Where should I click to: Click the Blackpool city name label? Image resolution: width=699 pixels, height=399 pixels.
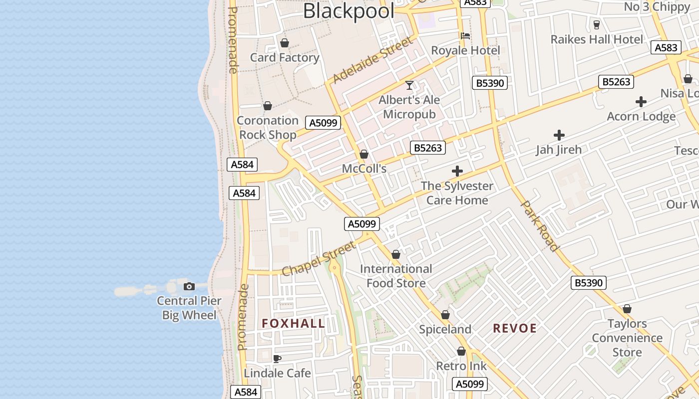pos(349,11)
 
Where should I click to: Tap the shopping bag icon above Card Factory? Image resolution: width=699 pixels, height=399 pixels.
pos(285,43)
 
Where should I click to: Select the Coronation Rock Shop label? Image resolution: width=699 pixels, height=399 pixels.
pos(268,127)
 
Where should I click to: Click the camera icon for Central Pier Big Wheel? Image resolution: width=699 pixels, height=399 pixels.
pos(189,286)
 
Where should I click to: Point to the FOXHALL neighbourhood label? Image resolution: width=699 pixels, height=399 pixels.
pos(294,324)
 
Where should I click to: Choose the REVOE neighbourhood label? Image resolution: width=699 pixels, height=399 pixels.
pos(515,328)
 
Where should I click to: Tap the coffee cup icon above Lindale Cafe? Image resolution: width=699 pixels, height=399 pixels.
pos(277,359)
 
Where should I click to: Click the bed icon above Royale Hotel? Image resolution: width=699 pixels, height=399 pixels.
pos(465,36)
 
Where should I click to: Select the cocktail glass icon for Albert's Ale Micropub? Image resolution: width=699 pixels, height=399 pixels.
pos(409,85)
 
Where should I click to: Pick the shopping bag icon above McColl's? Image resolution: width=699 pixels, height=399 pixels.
pos(364,154)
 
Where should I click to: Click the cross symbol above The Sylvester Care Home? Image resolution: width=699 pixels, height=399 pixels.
pos(457,172)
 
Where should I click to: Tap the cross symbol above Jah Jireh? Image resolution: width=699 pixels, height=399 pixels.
pos(559,135)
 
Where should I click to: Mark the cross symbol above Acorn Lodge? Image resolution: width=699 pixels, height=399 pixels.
pos(641,102)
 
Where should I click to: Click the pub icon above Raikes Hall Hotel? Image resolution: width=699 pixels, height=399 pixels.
pos(596,24)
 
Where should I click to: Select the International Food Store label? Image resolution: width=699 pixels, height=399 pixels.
pos(396,276)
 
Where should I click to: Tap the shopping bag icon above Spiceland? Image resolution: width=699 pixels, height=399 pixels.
pos(445,315)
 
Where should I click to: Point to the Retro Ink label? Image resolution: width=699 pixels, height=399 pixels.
pos(461,366)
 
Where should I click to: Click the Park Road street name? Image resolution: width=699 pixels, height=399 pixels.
pos(539,225)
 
